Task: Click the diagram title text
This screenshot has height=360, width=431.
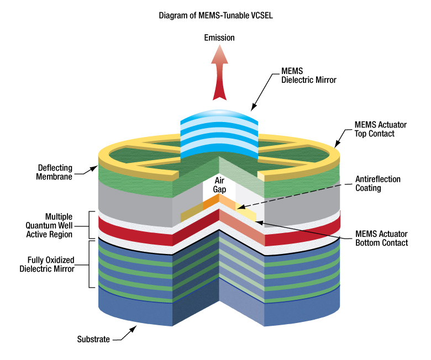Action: click(215, 15)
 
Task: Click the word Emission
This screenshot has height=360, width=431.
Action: click(219, 38)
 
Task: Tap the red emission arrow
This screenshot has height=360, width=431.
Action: click(219, 75)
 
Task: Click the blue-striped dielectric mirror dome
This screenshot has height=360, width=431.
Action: click(219, 133)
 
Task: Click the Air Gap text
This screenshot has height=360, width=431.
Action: click(219, 185)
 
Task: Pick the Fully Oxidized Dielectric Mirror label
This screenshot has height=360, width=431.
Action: click(51, 264)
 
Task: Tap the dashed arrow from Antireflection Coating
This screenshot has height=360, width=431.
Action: click(298, 196)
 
